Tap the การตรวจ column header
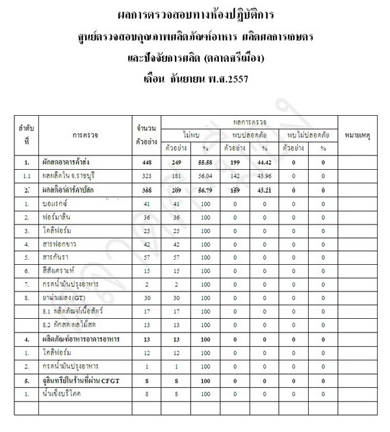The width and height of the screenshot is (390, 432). click(86, 136)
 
